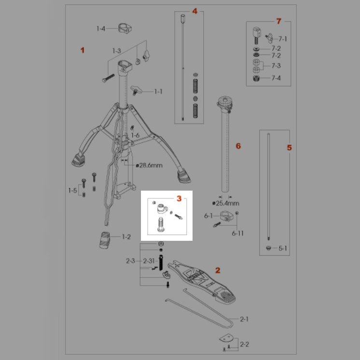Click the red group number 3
(179, 198)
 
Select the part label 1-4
(100, 29)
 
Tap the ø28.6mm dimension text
(150, 166)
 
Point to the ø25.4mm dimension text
(224, 204)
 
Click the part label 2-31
(148, 261)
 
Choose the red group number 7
(278, 21)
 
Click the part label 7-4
(276, 78)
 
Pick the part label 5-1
(283, 249)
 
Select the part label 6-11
(237, 233)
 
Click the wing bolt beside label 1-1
(138, 89)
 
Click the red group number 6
(237, 146)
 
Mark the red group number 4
(194, 11)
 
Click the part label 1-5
(72, 190)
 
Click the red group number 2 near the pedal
(218, 271)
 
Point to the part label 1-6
(135, 136)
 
